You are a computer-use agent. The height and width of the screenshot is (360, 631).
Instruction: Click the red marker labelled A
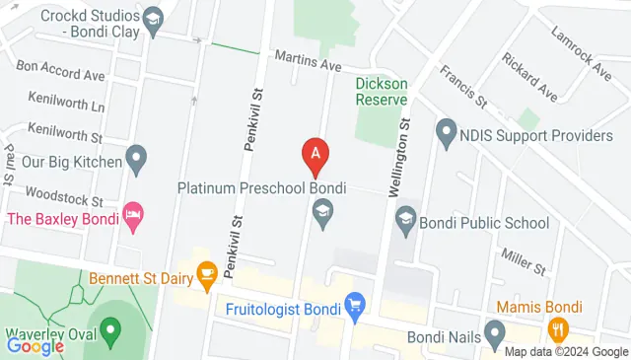point(315,154)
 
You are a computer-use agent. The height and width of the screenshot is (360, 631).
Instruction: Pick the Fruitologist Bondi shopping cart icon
point(355,304)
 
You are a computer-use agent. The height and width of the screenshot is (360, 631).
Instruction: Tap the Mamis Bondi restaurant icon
point(558,328)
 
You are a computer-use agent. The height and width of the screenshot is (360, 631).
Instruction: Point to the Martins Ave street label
point(307,61)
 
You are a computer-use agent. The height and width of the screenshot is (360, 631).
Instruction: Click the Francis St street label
point(464,86)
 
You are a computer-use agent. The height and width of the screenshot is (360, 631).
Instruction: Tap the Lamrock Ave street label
point(582,60)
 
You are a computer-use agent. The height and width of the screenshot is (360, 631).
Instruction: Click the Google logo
point(35,345)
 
